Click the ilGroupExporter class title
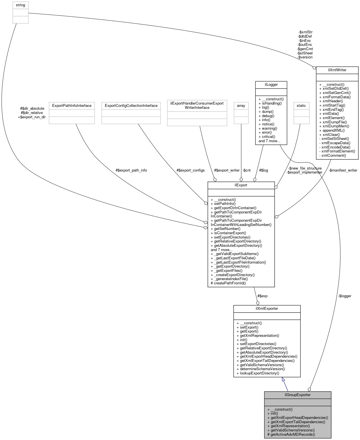point(298,395)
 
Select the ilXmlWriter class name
point(337,70)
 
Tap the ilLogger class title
point(271,84)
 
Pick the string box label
point(21,5)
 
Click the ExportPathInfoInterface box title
point(72,105)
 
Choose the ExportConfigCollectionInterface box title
point(131,105)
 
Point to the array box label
point(241,105)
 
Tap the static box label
point(301,105)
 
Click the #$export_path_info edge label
point(131,170)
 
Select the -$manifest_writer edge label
point(343,170)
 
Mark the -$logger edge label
point(345,296)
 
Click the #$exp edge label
point(262,296)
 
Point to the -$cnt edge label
point(246,170)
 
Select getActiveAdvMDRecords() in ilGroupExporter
point(291,434)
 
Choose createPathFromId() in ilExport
point(228,283)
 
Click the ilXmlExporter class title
point(267,308)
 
